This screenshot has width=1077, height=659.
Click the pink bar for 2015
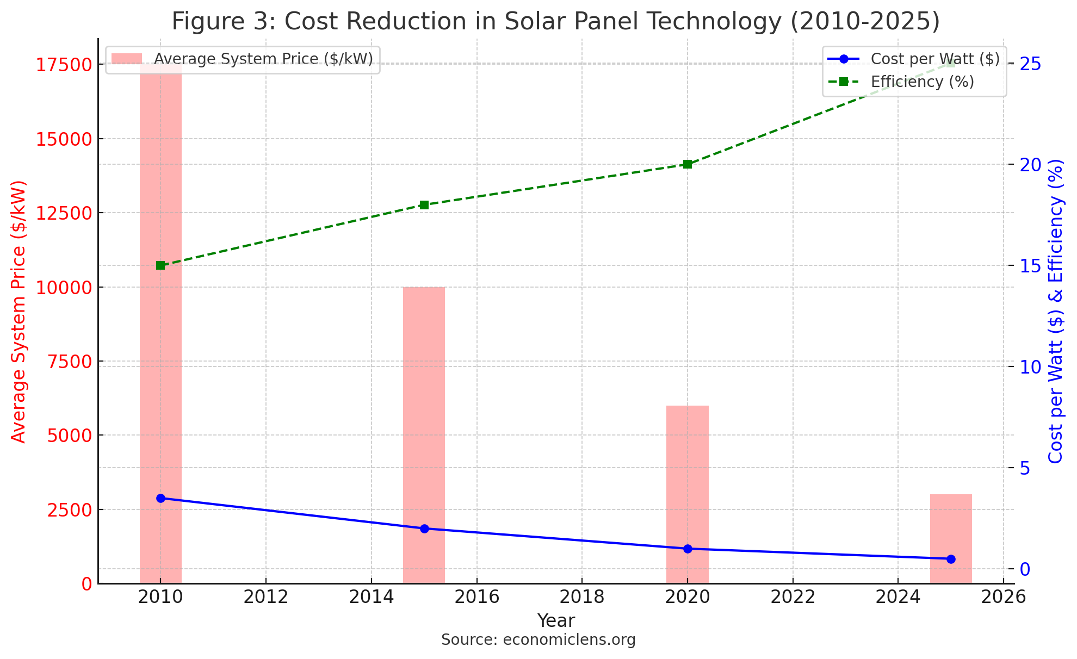click(x=424, y=435)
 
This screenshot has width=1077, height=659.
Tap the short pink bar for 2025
click(x=951, y=538)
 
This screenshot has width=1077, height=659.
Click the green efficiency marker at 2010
click(x=160, y=265)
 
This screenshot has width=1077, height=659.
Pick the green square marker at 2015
click(x=424, y=205)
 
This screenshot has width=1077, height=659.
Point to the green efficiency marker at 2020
click(x=688, y=164)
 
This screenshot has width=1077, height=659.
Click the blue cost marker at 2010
click(x=160, y=498)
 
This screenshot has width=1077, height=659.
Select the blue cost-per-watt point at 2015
click(x=424, y=529)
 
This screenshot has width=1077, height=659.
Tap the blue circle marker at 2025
click(x=951, y=559)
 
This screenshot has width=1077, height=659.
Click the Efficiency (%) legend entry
click(x=922, y=82)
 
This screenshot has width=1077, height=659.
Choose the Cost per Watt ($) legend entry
click(x=934, y=59)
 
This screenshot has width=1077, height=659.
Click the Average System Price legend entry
click(x=263, y=59)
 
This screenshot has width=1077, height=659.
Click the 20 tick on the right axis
click(x=1030, y=164)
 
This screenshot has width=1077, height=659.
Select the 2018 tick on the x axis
click(x=582, y=597)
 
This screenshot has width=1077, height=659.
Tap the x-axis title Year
click(x=556, y=621)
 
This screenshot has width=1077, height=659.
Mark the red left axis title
click(x=18, y=312)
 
